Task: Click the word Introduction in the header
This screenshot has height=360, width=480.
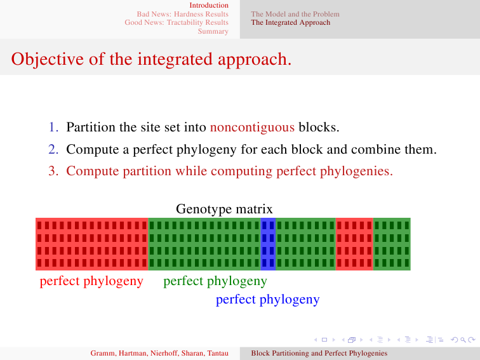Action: [209, 5]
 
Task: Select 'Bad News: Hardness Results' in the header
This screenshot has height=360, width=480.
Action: [182, 14]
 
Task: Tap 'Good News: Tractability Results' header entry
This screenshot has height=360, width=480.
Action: [177, 22]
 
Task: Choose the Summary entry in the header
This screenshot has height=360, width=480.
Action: [213, 31]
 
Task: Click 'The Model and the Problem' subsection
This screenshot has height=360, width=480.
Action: [295, 14]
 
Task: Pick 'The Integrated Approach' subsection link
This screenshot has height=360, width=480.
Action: [291, 22]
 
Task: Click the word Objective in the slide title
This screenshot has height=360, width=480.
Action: [48, 59]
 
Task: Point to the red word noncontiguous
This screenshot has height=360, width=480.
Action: [252, 128]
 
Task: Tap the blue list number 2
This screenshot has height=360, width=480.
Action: [53, 149]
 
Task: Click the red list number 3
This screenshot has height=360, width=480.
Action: [53, 171]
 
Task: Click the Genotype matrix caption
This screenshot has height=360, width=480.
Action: [224, 209]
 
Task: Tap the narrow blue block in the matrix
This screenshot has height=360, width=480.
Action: [268, 244]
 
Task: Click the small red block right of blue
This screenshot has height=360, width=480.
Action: [354, 244]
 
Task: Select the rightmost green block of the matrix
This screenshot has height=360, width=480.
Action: [392, 244]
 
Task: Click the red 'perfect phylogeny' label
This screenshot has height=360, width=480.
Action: [91, 281]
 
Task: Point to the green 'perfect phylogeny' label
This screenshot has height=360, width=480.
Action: [215, 281]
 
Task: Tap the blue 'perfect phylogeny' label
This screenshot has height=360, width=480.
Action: [267, 300]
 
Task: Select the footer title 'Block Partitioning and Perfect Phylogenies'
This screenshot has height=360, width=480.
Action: [319, 353]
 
